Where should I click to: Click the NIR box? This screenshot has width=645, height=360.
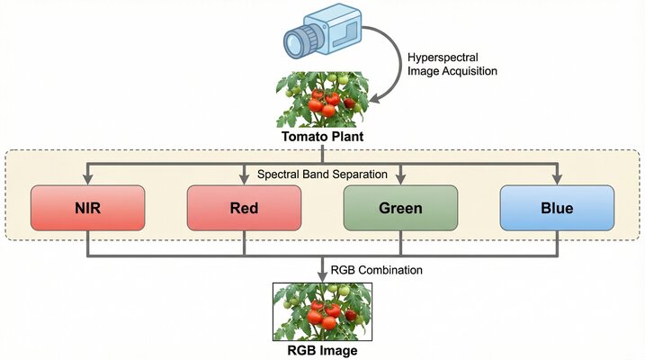(87, 208)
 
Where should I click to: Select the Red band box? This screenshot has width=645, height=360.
(244, 208)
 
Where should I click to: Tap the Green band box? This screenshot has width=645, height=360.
(400, 208)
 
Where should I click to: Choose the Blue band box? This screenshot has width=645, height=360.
(557, 208)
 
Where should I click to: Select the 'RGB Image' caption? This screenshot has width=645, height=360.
(322, 351)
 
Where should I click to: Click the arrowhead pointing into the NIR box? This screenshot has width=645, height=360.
(87, 180)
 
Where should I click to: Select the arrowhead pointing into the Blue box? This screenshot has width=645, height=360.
(557, 180)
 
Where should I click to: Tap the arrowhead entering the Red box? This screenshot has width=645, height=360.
(244, 180)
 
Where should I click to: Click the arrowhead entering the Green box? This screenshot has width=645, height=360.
(400, 180)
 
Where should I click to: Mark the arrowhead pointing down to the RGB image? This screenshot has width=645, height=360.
(322, 274)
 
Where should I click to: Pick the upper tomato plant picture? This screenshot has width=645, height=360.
(322, 102)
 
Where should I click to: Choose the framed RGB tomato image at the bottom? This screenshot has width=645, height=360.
(322, 310)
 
